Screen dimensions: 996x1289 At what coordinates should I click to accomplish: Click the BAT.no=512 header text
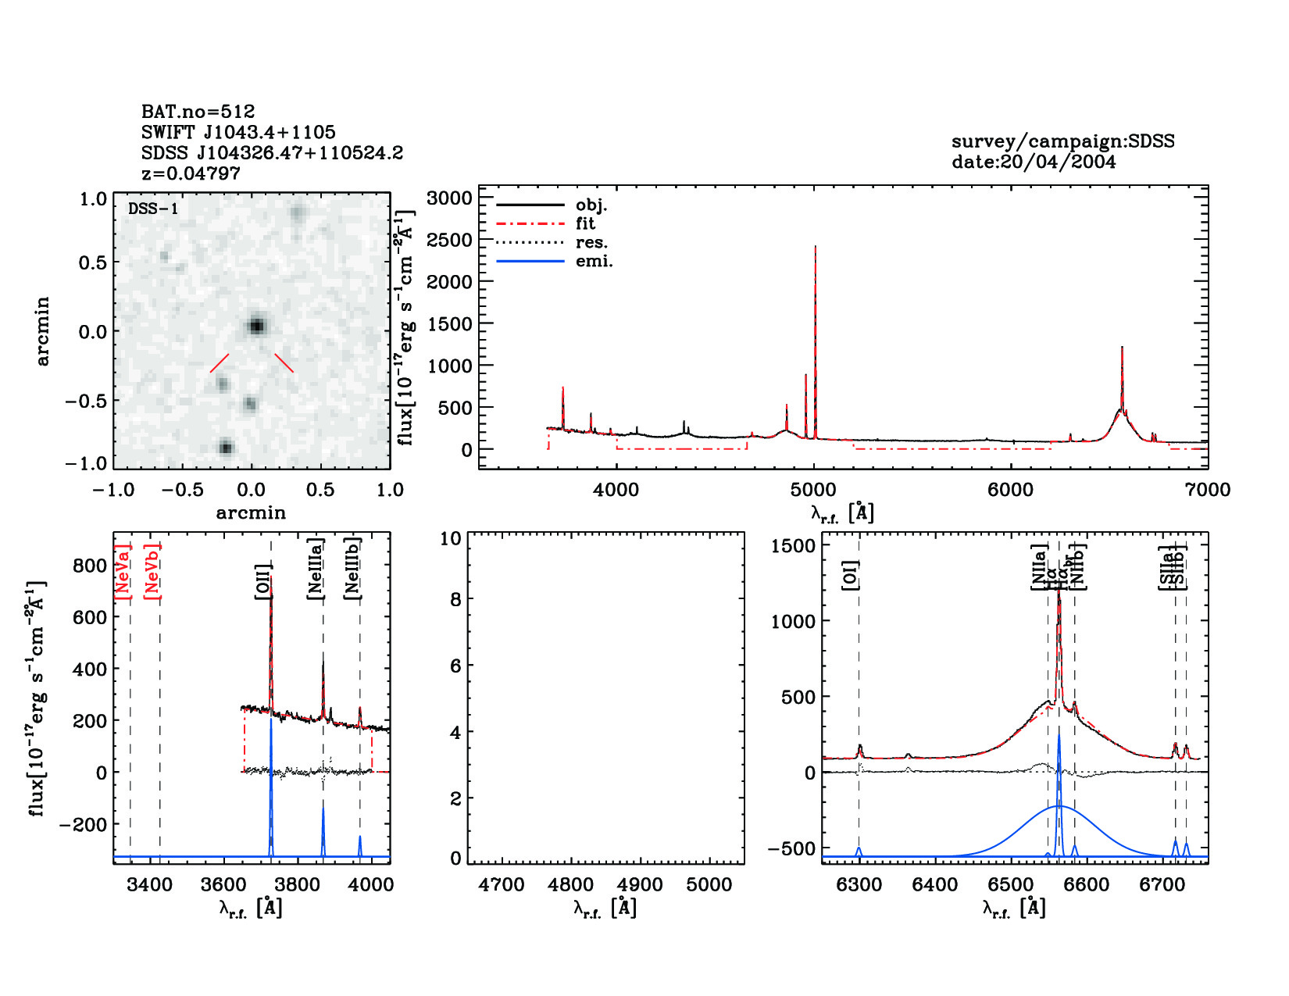[198, 112]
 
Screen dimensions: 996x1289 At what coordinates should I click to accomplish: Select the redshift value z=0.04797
[191, 173]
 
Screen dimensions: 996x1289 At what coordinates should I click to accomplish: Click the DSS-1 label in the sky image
[153, 209]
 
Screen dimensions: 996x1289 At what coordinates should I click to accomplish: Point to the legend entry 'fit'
[585, 223]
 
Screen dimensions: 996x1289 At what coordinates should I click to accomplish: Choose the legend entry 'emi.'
[594, 262]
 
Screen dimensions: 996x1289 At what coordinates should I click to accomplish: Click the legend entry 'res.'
[591, 242]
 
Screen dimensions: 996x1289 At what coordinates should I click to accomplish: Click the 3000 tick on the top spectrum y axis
[450, 198]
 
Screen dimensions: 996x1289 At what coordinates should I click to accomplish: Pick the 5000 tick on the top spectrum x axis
[813, 490]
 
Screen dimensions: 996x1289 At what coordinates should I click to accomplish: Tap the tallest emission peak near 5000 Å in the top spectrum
[816, 248]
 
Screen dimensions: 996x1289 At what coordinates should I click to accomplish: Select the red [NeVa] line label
[122, 572]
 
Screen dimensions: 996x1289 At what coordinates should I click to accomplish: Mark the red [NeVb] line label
[152, 572]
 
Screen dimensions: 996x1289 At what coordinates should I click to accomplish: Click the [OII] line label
[262, 582]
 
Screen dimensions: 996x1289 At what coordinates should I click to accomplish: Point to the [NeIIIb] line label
[352, 568]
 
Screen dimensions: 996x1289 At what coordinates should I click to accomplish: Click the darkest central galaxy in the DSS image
[256, 326]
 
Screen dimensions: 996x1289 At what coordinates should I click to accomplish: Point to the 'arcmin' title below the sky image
[251, 513]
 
